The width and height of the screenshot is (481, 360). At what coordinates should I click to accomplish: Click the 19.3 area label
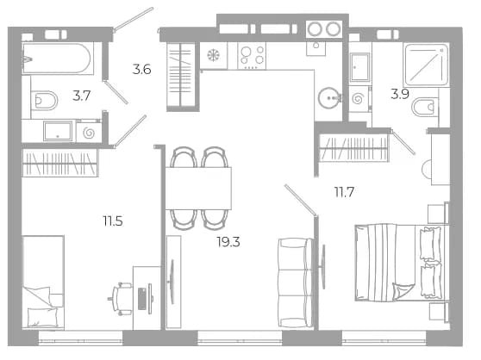point(228,242)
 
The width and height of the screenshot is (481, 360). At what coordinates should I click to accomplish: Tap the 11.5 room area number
point(113,220)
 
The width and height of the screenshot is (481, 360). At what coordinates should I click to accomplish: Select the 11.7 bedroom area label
point(344,192)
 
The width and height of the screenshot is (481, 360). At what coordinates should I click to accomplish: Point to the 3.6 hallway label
point(141,69)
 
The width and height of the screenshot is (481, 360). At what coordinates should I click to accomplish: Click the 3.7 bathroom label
point(82,96)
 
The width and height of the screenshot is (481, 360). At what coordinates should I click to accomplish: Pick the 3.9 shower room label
point(400,94)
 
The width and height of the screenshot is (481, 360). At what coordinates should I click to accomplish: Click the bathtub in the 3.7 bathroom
point(58,59)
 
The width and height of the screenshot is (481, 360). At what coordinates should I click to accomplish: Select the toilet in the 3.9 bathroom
point(425,107)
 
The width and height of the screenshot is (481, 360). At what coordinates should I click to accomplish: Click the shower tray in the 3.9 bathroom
point(427,65)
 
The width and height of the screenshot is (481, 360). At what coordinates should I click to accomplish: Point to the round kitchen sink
point(329,98)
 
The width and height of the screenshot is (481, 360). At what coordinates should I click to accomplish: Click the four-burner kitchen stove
point(252,56)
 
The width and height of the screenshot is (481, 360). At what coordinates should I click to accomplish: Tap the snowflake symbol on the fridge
point(214,55)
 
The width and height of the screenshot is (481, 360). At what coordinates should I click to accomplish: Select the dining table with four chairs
point(198,188)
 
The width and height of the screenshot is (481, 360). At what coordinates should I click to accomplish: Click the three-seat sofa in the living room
point(296,282)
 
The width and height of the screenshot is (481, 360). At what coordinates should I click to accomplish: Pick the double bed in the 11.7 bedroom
point(402,264)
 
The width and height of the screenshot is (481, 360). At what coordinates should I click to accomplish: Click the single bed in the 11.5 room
point(43,282)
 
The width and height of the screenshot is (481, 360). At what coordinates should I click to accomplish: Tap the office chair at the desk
point(121,299)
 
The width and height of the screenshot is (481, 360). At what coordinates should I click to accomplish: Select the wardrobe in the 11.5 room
point(60,163)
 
